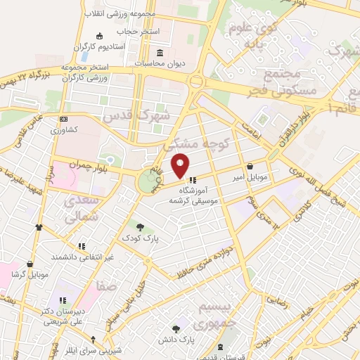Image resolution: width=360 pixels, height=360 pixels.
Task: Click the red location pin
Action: (181, 164)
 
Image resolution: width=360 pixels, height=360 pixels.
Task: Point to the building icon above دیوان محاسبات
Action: (160, 53)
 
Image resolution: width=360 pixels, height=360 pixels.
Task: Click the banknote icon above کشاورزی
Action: (64, 119)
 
